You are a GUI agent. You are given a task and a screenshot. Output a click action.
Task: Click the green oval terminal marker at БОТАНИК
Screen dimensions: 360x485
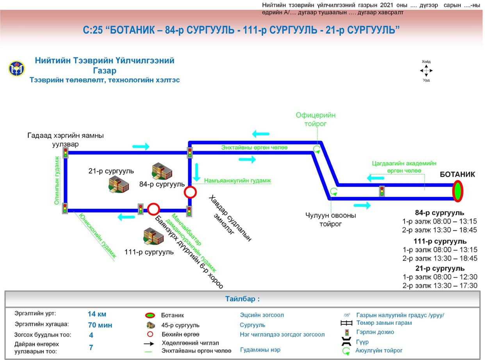tap(458, 191)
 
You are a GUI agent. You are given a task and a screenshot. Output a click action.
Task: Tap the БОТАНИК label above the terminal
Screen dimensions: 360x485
tap(457, 175)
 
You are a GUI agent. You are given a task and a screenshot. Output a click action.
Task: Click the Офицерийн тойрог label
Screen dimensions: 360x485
tap(316, 119)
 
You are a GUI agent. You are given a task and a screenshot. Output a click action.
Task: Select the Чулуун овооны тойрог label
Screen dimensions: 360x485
tap(331, 219)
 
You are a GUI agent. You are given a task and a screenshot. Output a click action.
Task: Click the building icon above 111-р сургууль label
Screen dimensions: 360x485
tap(153, 235)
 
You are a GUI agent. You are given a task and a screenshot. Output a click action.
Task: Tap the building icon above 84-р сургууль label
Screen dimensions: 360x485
tap(162, 171)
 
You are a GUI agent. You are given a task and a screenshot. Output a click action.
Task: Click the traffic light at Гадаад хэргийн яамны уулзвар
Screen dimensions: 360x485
tap(66, 152)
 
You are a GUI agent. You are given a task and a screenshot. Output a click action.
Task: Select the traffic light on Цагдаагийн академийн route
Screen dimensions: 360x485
tap(382, 191)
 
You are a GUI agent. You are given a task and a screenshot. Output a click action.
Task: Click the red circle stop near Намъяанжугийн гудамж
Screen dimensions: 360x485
tap(190, 192)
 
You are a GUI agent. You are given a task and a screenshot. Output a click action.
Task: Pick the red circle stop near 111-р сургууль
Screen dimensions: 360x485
tap(153, 209)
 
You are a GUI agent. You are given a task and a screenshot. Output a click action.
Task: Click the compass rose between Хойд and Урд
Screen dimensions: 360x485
tap(426, 71)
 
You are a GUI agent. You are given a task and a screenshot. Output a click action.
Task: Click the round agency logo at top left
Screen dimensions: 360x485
tap(16, 68)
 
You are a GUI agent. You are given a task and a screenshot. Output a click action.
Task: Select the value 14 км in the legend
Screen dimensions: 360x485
tap(97, 314)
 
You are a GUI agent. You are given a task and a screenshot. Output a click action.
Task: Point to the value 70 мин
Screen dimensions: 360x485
tap(100, 325)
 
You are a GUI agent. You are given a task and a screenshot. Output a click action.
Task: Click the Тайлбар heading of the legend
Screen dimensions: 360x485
tap(242, 299)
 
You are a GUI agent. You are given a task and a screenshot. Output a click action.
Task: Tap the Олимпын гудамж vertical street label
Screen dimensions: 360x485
tap(57, 180)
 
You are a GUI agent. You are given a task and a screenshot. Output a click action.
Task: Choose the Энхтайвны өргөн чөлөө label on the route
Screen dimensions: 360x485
tap(254, 148)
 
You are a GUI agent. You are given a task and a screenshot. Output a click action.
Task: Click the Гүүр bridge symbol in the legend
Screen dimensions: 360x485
tap(346, 342)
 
